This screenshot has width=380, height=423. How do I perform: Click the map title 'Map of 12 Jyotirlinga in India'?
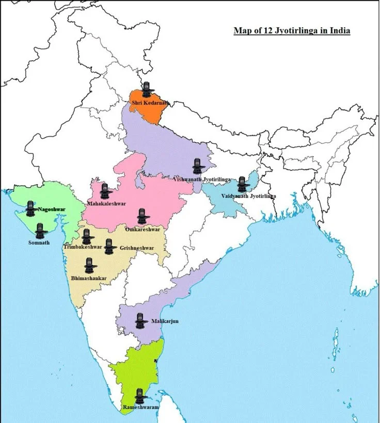(292, 31)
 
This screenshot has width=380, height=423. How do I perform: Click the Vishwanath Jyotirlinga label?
(202, 179)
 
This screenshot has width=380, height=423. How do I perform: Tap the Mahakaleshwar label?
(107, 204)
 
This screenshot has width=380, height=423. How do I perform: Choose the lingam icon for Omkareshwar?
(142, 216)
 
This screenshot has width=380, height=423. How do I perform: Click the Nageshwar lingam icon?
(30, 208)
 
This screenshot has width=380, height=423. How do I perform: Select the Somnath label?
(39, 242)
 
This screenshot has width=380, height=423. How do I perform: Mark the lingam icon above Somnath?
(40, 231)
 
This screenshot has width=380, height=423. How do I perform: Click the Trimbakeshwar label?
(83, 247)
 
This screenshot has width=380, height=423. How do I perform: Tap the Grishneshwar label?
(137, 248)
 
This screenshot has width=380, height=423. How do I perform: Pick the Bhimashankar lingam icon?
(90, 266)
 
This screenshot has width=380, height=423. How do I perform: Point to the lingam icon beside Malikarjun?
(139, 321)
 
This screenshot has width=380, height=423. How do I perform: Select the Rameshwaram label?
(141, 408)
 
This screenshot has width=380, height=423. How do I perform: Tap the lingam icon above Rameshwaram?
(139, 396)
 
